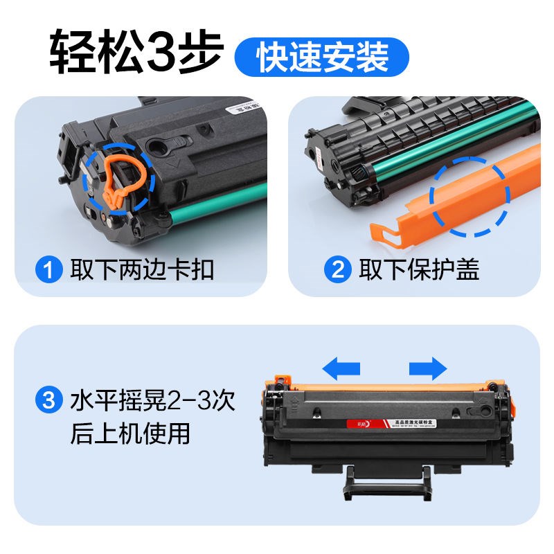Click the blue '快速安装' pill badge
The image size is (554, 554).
tap(322, 57)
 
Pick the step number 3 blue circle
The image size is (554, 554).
tap(51, 400)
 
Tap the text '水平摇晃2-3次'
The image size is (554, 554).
tap(152, 400)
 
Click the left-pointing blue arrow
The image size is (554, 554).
tap(342, 367)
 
